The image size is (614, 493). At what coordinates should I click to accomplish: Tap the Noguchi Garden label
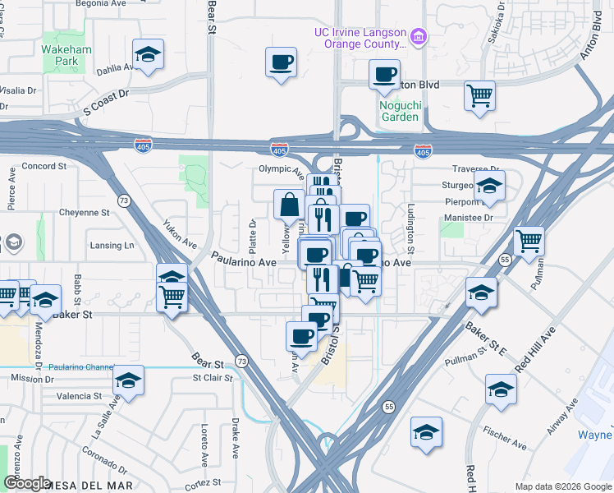coord(400,110)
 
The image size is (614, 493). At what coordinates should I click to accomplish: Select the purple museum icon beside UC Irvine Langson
coord(419,37)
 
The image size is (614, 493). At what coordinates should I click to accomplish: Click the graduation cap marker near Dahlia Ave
coord(148,56)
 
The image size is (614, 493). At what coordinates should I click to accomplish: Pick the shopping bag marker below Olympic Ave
coord(290,205)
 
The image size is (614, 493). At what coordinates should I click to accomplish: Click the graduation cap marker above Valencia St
coord(128,380)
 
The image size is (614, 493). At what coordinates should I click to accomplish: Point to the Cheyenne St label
coord(84,212)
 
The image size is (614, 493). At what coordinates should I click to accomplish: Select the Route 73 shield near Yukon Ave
coord(124,200)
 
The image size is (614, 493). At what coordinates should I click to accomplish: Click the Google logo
coord(26,483)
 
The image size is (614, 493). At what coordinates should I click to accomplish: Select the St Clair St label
coord(213,379)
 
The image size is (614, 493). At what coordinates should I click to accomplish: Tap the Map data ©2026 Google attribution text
coord(562,486)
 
